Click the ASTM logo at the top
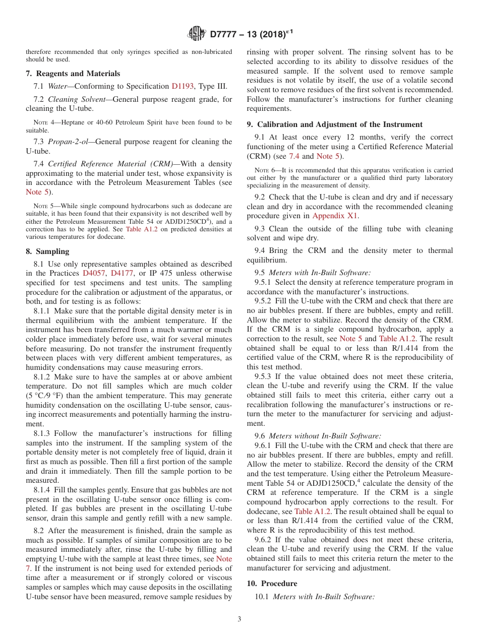click(196, 34)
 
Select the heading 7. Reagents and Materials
click(73, 74)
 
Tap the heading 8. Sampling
click(47, 251)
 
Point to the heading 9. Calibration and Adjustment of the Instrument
click(334, 124)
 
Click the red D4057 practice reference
click(93, 273)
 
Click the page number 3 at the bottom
click(239, 619)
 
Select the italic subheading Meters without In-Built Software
click(325, 436)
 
